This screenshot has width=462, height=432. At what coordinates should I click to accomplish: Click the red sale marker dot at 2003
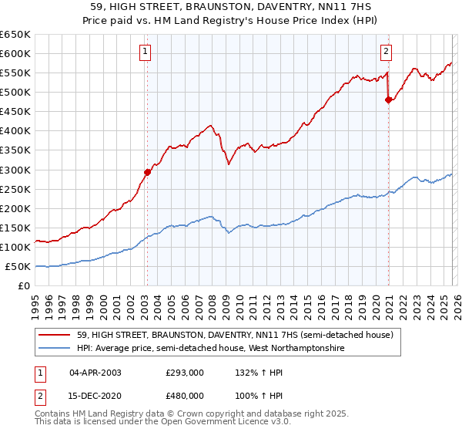click(x=147, y=172)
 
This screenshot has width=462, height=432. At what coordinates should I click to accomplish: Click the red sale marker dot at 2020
click(x=388, y=100)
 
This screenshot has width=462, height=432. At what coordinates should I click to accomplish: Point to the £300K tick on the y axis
click(x=15, y=170)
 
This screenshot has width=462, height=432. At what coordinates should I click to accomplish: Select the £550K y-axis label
click(x=15, y=73)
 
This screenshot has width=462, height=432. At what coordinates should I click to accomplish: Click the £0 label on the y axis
click(x=23, y=286)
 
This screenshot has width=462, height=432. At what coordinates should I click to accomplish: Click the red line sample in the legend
click(x=55, y=335)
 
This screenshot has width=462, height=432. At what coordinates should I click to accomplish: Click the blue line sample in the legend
click(x=55, y=349)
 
